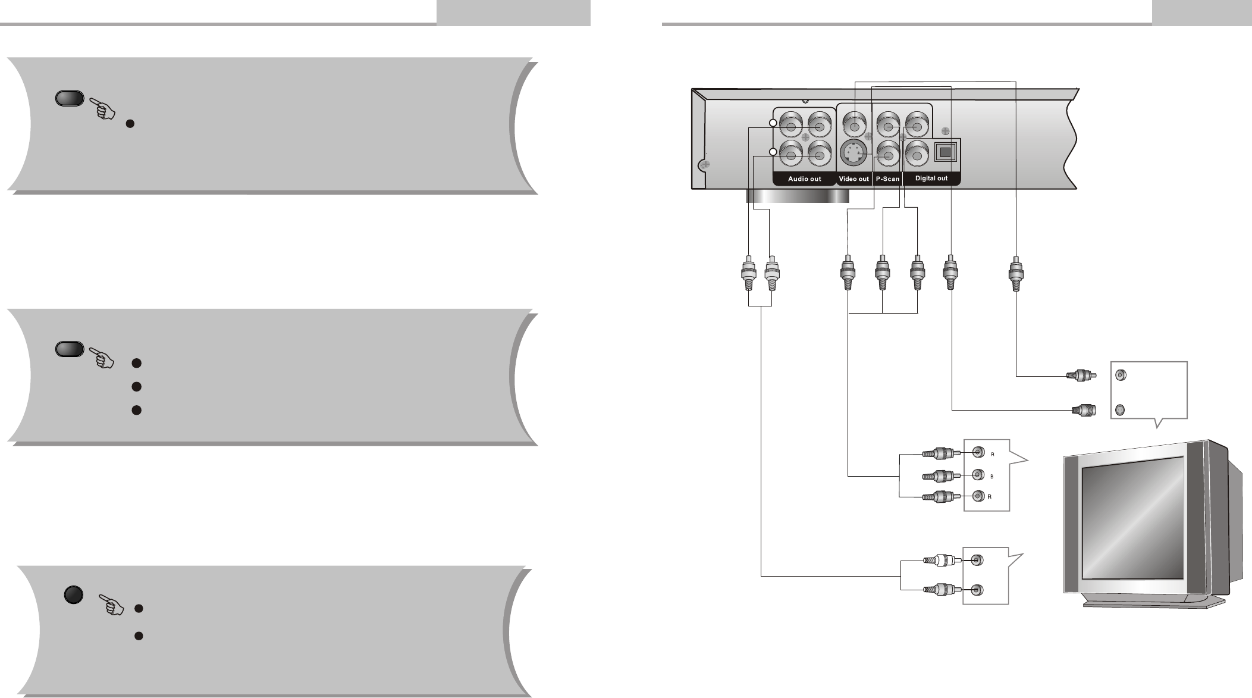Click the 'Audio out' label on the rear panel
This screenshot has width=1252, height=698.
804,179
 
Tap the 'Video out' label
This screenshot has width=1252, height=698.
854,179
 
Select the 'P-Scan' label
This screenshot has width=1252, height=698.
887,179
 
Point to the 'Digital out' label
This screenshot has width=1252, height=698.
931,179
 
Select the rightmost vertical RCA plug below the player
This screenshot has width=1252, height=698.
1016,274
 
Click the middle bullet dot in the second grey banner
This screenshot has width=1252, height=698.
136,386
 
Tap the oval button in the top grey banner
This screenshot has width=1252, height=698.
69,99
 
